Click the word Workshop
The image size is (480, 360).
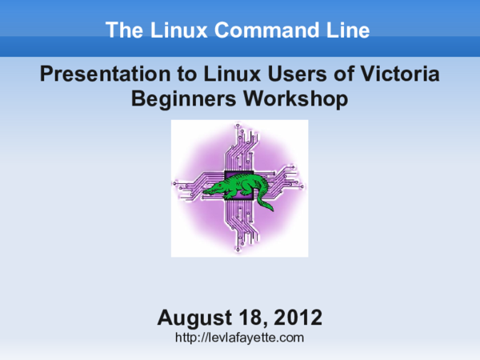click(296, 99)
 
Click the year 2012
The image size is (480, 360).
click(297, 318)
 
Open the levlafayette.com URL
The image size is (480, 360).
click(240, 338)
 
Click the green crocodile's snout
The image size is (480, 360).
click(206, 191)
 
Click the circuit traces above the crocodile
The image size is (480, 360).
click(240, 148)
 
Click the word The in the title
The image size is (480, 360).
click(122, 31)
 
